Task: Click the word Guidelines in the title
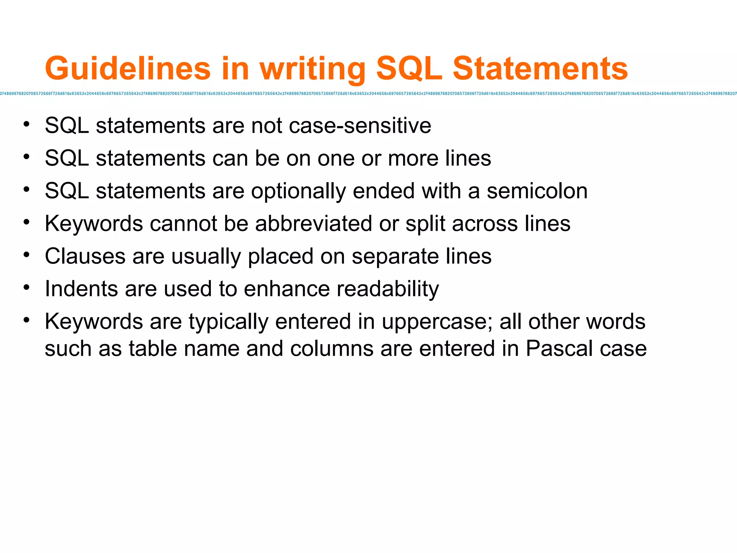128,68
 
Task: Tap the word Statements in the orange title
540,68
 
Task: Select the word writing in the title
312,69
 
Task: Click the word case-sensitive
360,126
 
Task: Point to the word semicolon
537,191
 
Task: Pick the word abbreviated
313,224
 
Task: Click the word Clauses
85,256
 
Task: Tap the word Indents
81,289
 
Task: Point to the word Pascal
559,349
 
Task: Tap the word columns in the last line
332,349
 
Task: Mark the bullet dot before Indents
26,287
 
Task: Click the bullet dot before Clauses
26,255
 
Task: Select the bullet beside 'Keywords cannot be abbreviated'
26,222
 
